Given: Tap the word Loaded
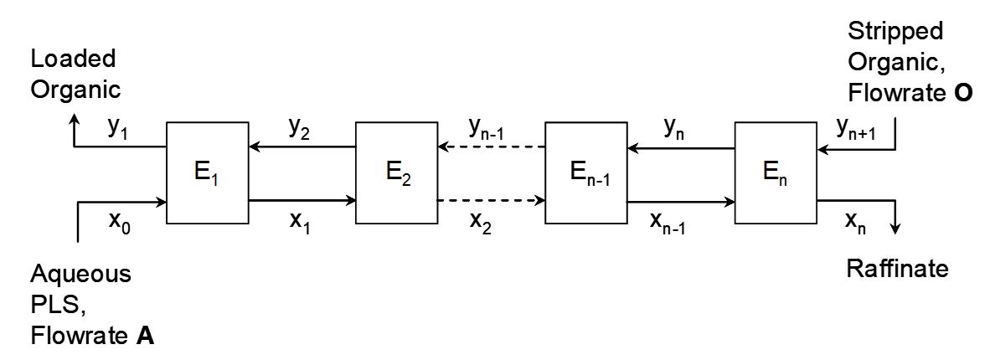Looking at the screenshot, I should click(73, 59).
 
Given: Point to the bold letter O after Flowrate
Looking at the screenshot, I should click(963, 93).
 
